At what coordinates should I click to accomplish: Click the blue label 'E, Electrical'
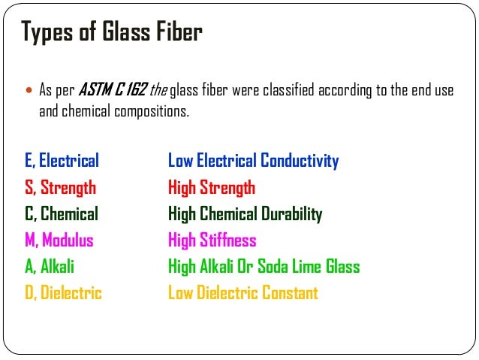(62, 161)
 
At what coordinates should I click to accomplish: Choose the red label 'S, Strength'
(60, 187)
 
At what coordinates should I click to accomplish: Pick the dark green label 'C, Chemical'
(61, 214)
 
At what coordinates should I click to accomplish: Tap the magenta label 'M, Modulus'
(59, 241)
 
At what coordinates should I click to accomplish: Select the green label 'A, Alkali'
(50, 267)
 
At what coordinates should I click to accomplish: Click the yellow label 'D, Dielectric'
(63, 293)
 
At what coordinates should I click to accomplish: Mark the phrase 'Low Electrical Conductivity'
(253, 161)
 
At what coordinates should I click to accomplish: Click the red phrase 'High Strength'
(212, 187)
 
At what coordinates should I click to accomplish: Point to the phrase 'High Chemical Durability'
(245, 214)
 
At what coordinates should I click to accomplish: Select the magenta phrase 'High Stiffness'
(212, 241)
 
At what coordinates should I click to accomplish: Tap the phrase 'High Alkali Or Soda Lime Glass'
(264, 267)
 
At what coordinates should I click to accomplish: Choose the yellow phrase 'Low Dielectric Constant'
(243, 293)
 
